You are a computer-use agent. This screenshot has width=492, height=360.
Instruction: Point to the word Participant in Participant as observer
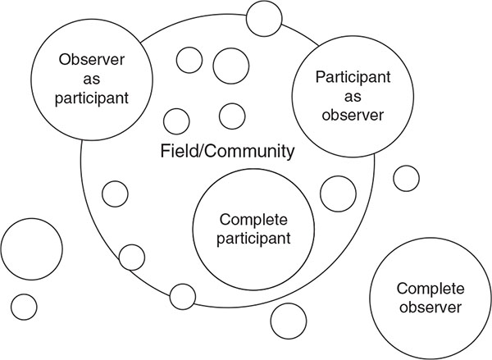click(350, 76)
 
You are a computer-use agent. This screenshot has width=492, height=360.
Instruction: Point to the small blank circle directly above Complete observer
click(406, 177)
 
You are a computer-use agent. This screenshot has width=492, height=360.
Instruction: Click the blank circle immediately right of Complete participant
click(335, 194)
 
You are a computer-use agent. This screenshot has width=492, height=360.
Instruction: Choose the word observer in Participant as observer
click(350, 114)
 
